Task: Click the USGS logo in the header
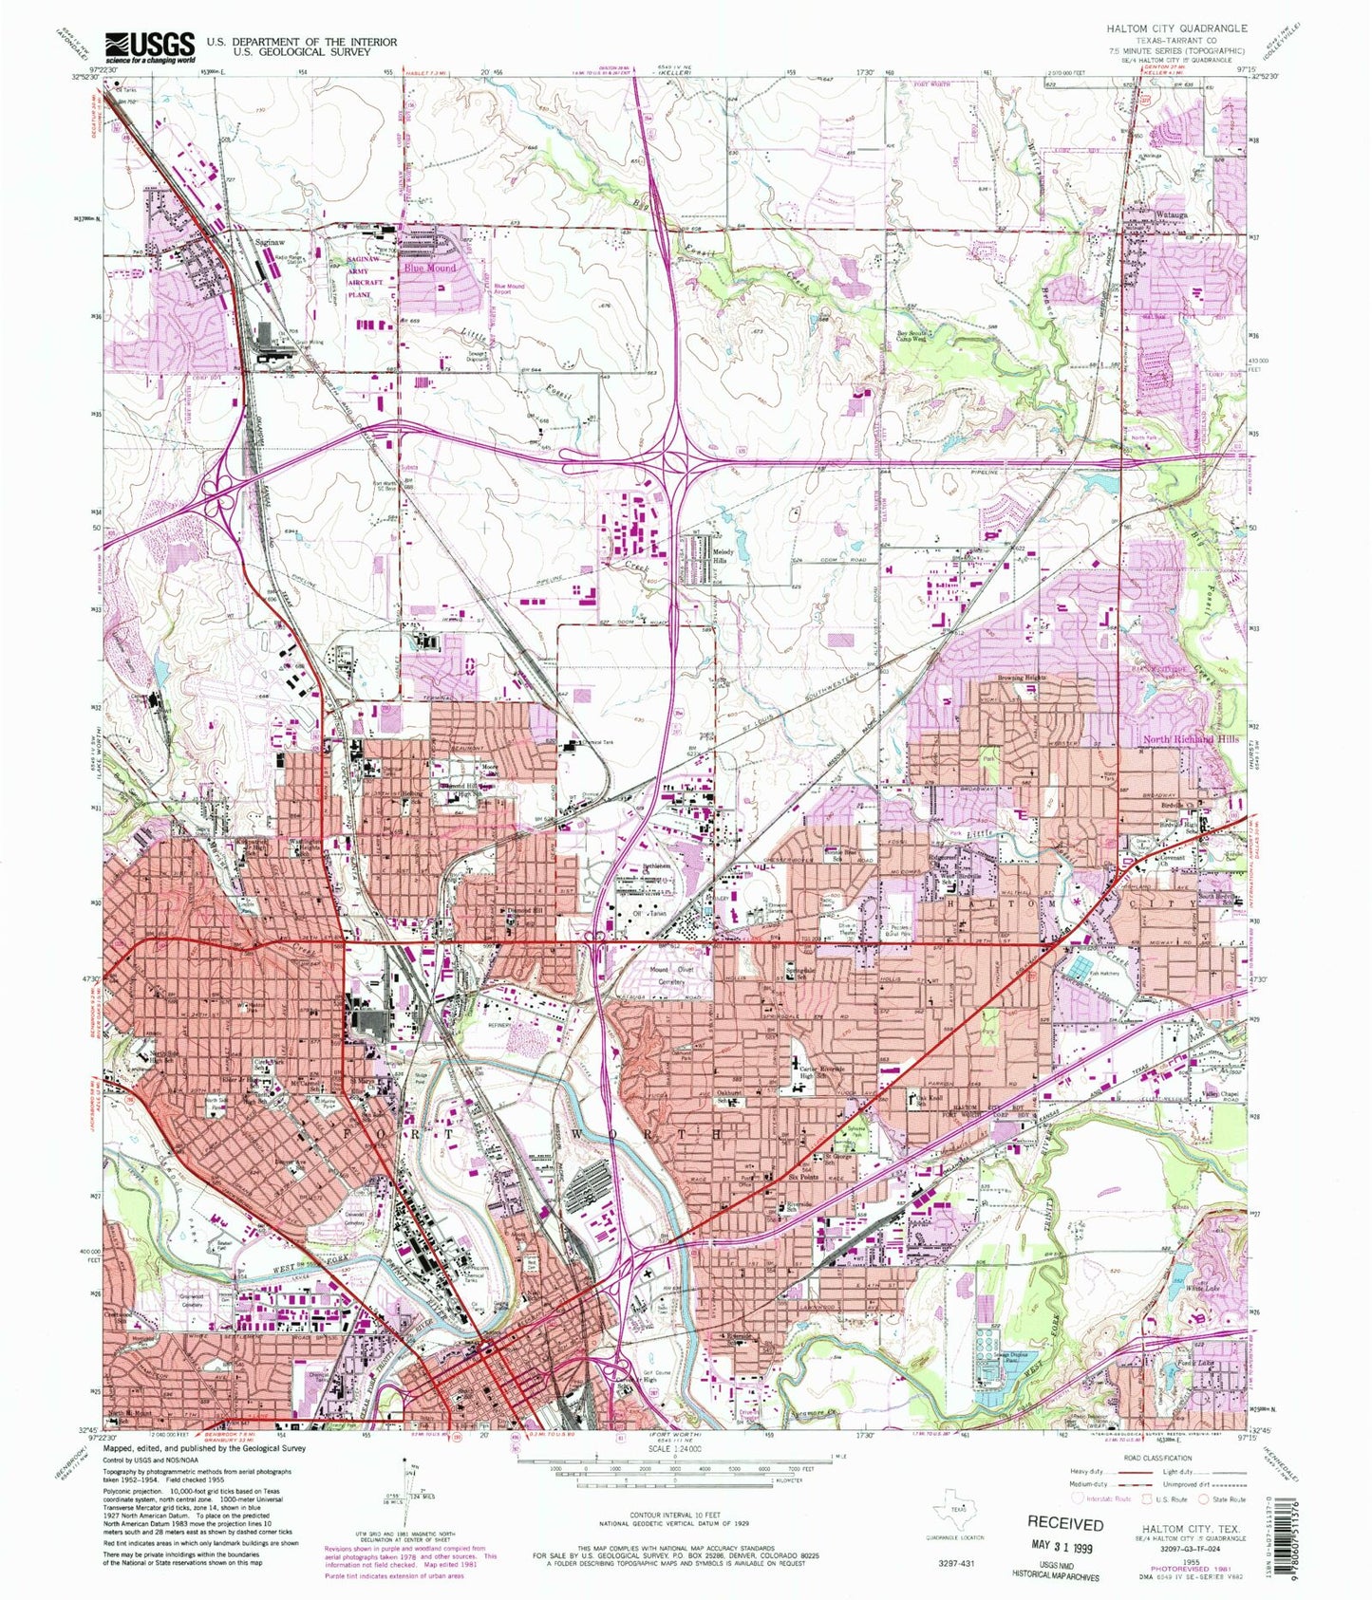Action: (x=150, y=45)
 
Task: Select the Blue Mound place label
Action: (x=430, y=269)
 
